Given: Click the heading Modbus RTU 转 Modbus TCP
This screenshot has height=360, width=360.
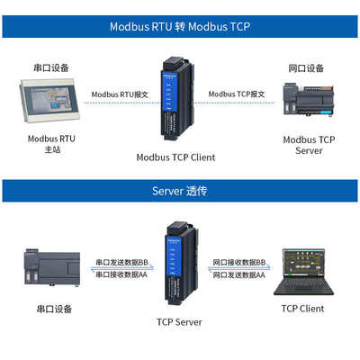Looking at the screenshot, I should (x=179, y=26).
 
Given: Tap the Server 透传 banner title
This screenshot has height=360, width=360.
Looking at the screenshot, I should (x=179, y=191).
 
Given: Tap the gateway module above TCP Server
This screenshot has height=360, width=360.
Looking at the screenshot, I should (x=179, y=265).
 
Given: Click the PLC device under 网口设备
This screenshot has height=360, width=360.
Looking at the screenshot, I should (x=308, y=103).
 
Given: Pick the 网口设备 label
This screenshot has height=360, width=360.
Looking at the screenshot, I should (x=306, y=68).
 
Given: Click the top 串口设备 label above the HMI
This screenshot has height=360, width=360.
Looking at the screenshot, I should (x=51, y=68).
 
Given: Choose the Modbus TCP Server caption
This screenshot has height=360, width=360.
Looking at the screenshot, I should (x=309, y=145).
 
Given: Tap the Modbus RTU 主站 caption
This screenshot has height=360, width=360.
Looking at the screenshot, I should (x=52, y=145).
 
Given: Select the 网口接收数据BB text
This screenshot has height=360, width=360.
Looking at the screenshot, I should (x=239, y=262).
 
